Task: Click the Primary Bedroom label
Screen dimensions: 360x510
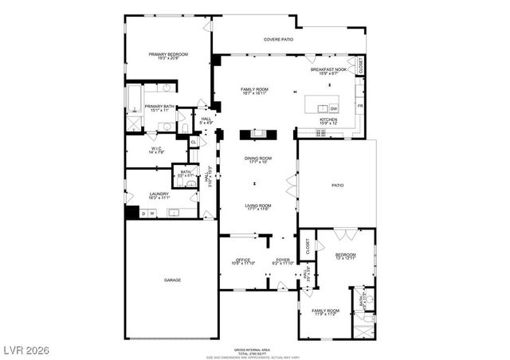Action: [168, 56]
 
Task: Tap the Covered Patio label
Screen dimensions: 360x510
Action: [278, 39]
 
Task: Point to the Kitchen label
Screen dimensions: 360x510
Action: [329, 121]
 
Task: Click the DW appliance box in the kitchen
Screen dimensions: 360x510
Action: [334, 108]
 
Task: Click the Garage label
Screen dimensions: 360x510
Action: [172, 280]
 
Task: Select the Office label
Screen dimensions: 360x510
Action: [243, 261]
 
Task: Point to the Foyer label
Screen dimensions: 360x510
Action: [283, 261]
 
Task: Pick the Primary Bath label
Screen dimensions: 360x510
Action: [159, 108]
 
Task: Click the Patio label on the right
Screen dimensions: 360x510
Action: [337, 186]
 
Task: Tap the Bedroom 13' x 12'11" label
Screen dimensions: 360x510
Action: [345, 257]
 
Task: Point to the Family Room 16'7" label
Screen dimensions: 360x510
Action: [254, 90]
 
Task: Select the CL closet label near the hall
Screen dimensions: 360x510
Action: [194, 142]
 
